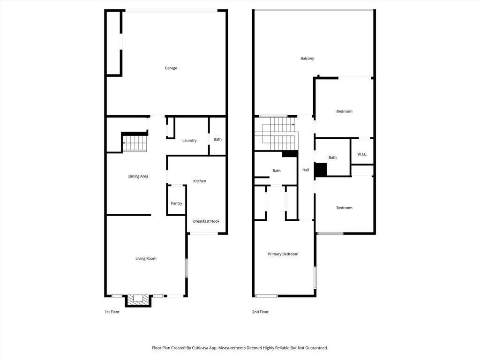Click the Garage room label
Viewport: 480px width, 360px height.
point(171,68)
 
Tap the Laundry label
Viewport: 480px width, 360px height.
point(189,140)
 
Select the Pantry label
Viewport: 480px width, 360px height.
point(176,203)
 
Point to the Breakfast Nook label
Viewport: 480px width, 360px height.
point(206,221)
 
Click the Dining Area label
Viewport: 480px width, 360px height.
point(138,176)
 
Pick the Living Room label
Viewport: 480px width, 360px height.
point(146,258)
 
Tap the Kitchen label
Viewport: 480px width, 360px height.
point(200,181)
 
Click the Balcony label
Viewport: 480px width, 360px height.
point(307,59)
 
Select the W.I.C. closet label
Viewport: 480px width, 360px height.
point(362,154)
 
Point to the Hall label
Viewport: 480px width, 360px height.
point(306,170)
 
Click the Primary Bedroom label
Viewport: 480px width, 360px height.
point(283,254)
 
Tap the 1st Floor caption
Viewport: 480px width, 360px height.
point(112,312)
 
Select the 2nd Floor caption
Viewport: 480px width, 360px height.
point(260,312)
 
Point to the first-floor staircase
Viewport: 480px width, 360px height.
point(135,143)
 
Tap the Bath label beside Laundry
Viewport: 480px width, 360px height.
point(217,139)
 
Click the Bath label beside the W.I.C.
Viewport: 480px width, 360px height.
point(332,157)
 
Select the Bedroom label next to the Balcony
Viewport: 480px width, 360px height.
point(345,112)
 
